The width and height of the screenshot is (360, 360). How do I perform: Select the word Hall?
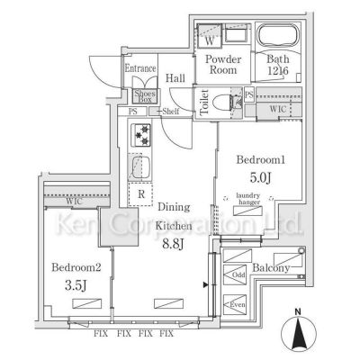175,78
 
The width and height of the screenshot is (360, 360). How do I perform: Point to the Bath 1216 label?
276,68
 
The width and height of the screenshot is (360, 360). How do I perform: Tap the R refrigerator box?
142,192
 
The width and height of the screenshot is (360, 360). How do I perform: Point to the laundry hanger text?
249,199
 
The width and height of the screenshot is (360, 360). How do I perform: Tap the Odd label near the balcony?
238,274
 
